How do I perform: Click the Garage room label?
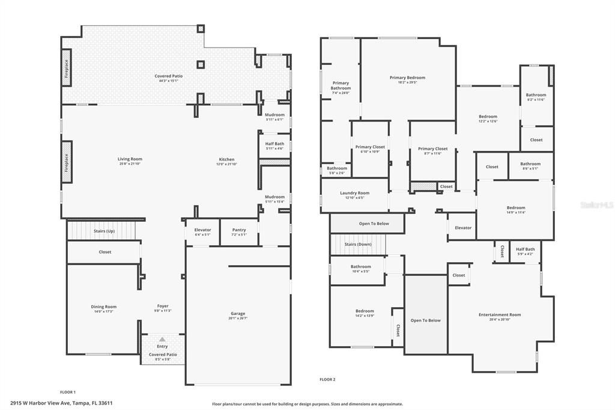[238, 313]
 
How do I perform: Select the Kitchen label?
[226, 159]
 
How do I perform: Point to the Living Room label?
[130, 159]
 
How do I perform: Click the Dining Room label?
[103, 307]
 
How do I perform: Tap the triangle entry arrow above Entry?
[162, 340]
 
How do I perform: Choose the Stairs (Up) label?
[104, 231]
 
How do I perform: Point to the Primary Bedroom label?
[407, 78]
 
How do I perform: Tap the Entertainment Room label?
[500, 314]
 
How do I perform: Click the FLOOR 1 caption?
[68, 391]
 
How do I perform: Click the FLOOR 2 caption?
[327, 379]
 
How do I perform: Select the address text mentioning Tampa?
[61, 403]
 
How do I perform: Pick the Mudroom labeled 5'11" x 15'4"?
[274, 197]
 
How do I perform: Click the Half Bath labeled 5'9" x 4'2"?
[525, 249]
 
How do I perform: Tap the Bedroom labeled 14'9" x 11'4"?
[515, 208]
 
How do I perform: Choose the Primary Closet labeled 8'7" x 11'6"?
[433, 148]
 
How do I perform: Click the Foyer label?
[163, 306]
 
